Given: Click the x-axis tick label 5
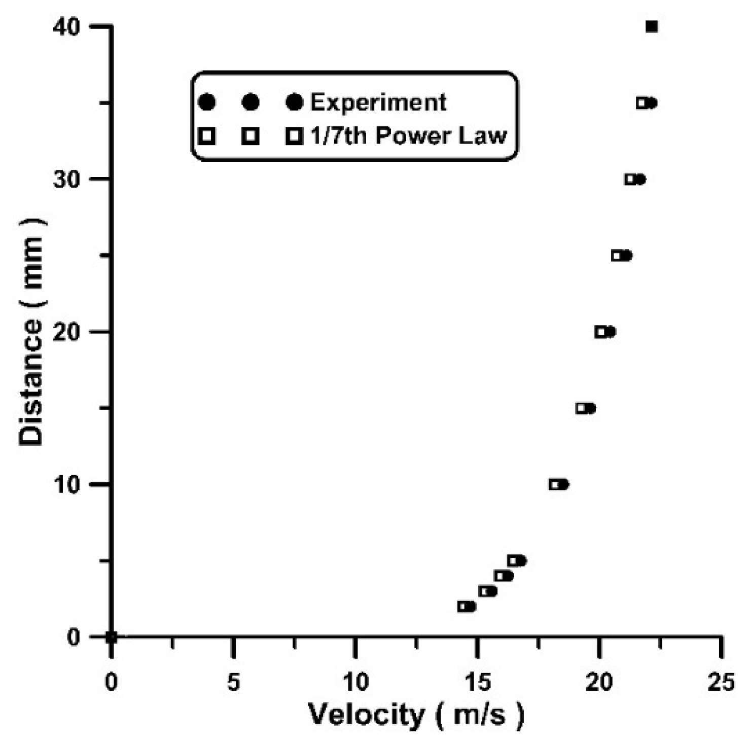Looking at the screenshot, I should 233,683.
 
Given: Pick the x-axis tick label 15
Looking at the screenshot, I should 477,683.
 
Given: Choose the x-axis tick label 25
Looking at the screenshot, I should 721,683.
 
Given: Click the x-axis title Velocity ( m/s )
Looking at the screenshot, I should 416,716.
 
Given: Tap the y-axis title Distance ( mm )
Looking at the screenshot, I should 31,332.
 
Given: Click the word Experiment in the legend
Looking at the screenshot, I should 378,102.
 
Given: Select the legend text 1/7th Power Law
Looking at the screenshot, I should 408,136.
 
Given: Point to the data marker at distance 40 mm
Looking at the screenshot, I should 652,26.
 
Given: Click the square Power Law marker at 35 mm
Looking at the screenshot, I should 641,103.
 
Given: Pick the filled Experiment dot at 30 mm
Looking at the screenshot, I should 640,179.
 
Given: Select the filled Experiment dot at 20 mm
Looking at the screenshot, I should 611,332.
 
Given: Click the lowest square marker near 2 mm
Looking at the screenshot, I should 462,606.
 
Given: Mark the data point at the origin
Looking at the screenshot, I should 112,637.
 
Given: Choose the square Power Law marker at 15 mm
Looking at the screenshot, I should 581,408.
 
